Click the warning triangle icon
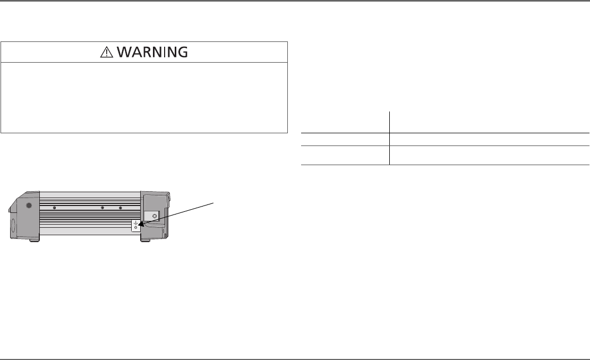(x=108, y=52)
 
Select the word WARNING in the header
(x=152, y=52)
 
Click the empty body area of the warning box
(x=144, y=98)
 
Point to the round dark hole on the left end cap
(x=28, y=205)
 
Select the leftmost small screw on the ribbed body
(x=55, y=208)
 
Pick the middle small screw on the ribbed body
(x=102, y=208)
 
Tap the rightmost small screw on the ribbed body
(x=121, y=208)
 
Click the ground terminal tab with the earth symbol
(x=136, y=225)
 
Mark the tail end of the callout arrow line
(x=214, y=202)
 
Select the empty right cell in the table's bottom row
(x=489, y=155)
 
